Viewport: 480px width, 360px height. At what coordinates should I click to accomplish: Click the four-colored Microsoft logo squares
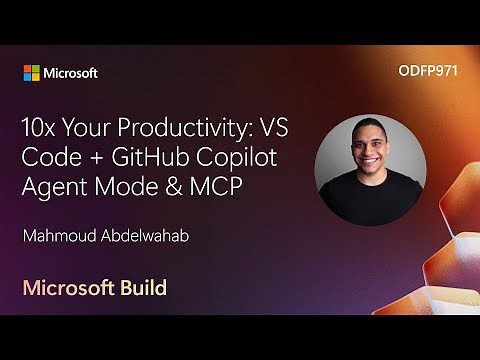(x=32, y=73)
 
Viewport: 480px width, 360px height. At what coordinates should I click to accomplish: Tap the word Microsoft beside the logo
(x=70, y=73)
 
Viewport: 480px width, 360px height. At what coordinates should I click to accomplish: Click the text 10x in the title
(x=42, y=130)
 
